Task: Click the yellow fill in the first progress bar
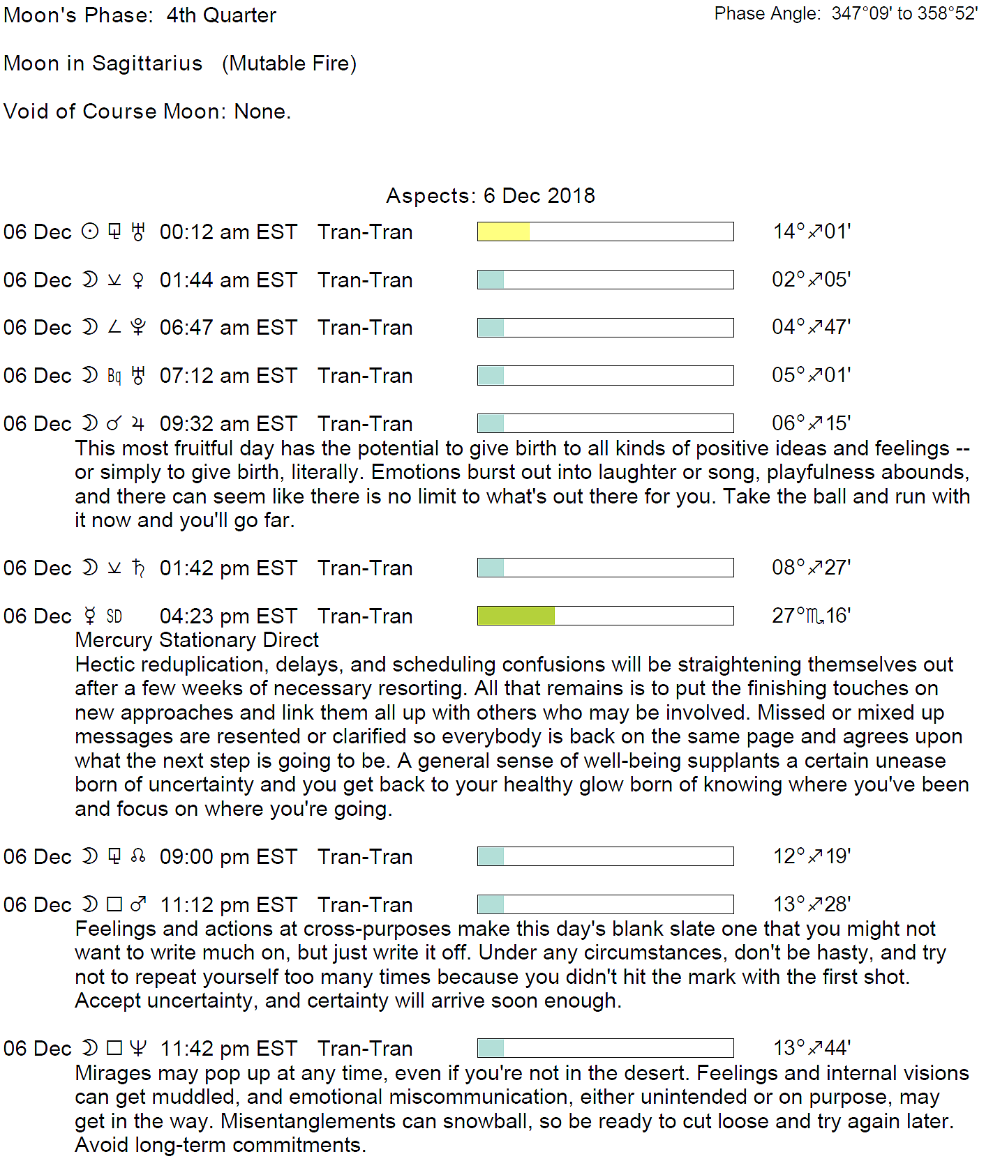pyautogui.click(x=503, y=232)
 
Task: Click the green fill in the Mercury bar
pyautogui.click(x=516, y=616)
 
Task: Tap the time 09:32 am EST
pyautogui.click(x=228, y=424)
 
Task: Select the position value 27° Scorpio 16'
pyautogui.click(x=811, y=616)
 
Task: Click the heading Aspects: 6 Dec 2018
pyautogui.click(x=491, y=196)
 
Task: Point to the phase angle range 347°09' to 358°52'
pyautogui.click(x=904, y=14)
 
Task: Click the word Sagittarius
pyautogui.click(x=147, y=63)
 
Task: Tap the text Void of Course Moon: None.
pyautogui.click(x=147, y=112)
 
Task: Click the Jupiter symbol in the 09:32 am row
pyautogui.click(x=138, y=423)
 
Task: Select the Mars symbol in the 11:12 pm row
pyautogui.click(x=138, y=904)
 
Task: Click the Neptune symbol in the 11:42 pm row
pyautogui.click(x=138, y=1048)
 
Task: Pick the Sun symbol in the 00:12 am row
pyautogui.click(x=90, y=232)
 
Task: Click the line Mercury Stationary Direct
pyautogui.click(x=197, y=640)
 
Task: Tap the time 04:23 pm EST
pyautogui.click(x=228, y=616)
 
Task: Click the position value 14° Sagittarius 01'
pyautogui.click(x=812, y=232)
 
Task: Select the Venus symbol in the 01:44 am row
pyautogui.click(x=138, y=280)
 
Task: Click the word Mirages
pyautogui.click(x=113, y=1073)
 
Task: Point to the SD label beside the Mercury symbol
pyautogui.click(x=114, y=616)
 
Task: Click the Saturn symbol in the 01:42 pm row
pyautogui.click(x=138, y=568)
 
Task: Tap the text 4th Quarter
pyautogui.click(x=221, y=15)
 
